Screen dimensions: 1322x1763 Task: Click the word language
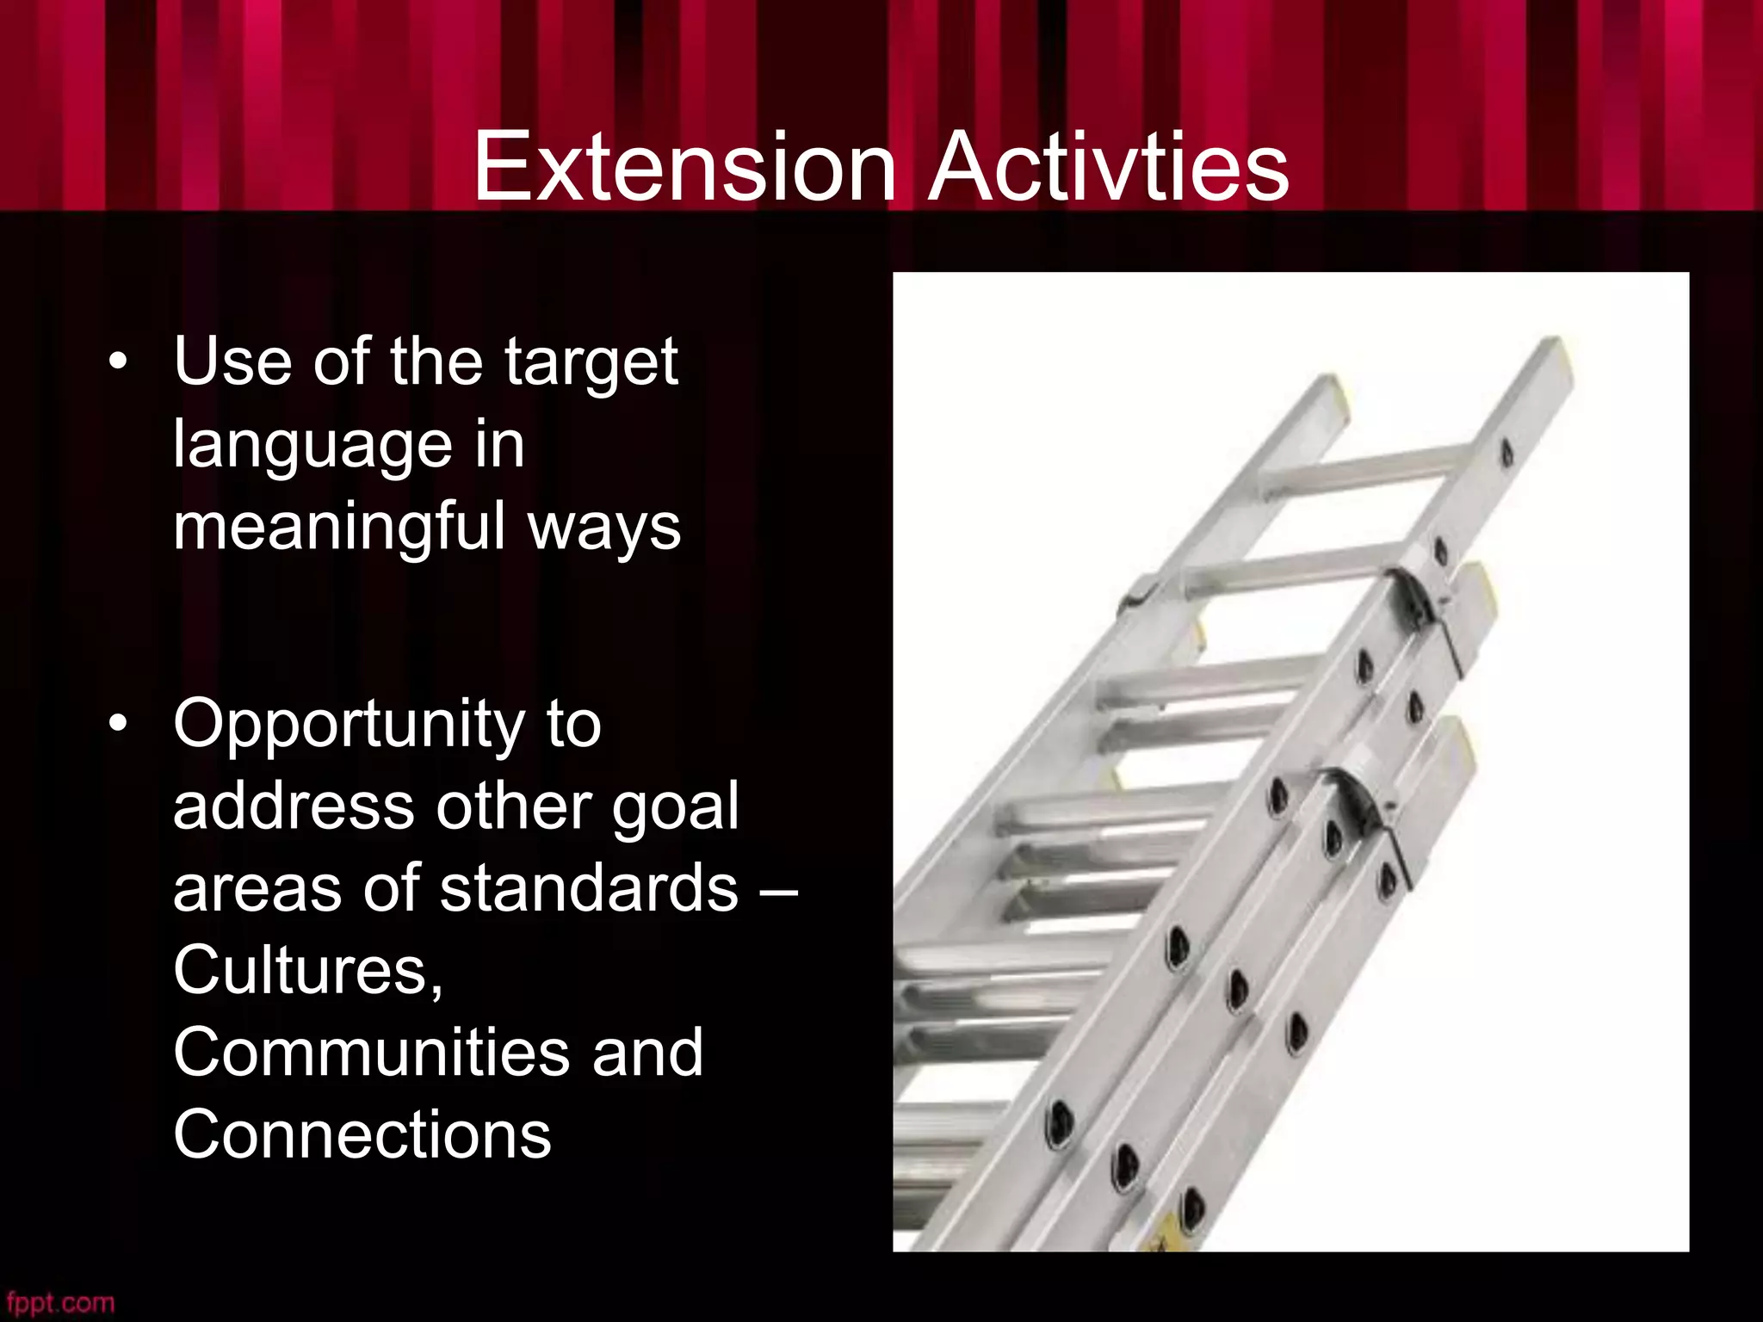[x=312, y=447]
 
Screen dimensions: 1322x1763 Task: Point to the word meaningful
[x=338, y=528]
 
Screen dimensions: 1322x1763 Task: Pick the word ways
[x=603, y=528]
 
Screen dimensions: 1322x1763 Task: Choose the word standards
[x=589, y=887]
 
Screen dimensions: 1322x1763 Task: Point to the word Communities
[x=370, y=1052]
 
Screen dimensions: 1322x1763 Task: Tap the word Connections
[x=362, y=1134]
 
